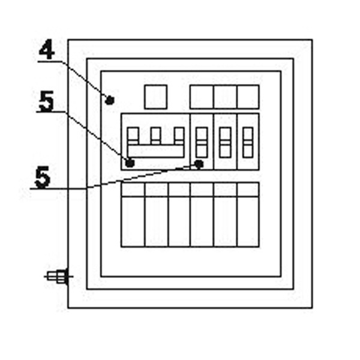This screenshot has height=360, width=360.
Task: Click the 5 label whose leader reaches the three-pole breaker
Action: tap(46, 102)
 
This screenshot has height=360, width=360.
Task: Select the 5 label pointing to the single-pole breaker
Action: tap(41, 178)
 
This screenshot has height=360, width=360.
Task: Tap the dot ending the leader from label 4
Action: tap(109, 100)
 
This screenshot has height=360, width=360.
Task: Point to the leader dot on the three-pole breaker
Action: tap(130, 163)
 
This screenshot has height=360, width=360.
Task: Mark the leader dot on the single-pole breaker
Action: tap(200, 163)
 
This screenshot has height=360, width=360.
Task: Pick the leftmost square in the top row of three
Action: tap(202, 97)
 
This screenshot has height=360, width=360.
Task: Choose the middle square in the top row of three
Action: tap(225, 97)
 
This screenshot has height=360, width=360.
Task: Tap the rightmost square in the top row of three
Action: tap(248, 97)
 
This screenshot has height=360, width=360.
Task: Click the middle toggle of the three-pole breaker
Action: tap(155, 135)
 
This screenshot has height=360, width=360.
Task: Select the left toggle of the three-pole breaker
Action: tap(133, 135)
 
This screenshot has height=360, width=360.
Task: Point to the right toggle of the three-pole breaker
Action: tap(178, 135)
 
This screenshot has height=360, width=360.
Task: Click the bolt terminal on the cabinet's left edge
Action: tap(58, 277)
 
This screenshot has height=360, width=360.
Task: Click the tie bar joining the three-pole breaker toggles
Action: tap(155, 150)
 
